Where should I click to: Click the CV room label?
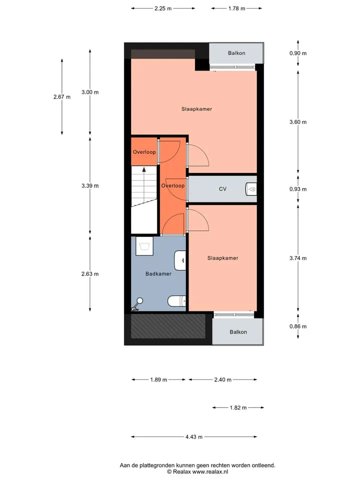click(x=222, y=189)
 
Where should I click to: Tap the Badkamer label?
click(x=158, y=273)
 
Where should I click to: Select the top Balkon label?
click(x=236, y=53)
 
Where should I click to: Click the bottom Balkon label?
click(x=238, y=332)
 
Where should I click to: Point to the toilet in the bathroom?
click(x=176, y=301)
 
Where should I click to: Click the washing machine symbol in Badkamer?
click(x=144, y=246)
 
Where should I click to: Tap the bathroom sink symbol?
click(x=180, y=260)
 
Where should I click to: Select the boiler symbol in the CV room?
click(x=251, y=189)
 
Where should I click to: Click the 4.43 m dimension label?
click(x=194, y=437)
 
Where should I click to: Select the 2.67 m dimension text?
click(x=62, y=97)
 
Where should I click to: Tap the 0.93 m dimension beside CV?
click(x=298, y=189)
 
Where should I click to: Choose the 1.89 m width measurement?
click(x=158, y=379)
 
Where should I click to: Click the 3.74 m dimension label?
click(x=298, y=258)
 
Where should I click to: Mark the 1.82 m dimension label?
click(x=238, y=408)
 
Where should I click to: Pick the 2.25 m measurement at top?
click(x=163, y=8)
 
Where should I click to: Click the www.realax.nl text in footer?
click(x=210, y=471)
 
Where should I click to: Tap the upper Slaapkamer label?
click(x=196, y=109)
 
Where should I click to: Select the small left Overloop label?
click(x=144, y=152)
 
